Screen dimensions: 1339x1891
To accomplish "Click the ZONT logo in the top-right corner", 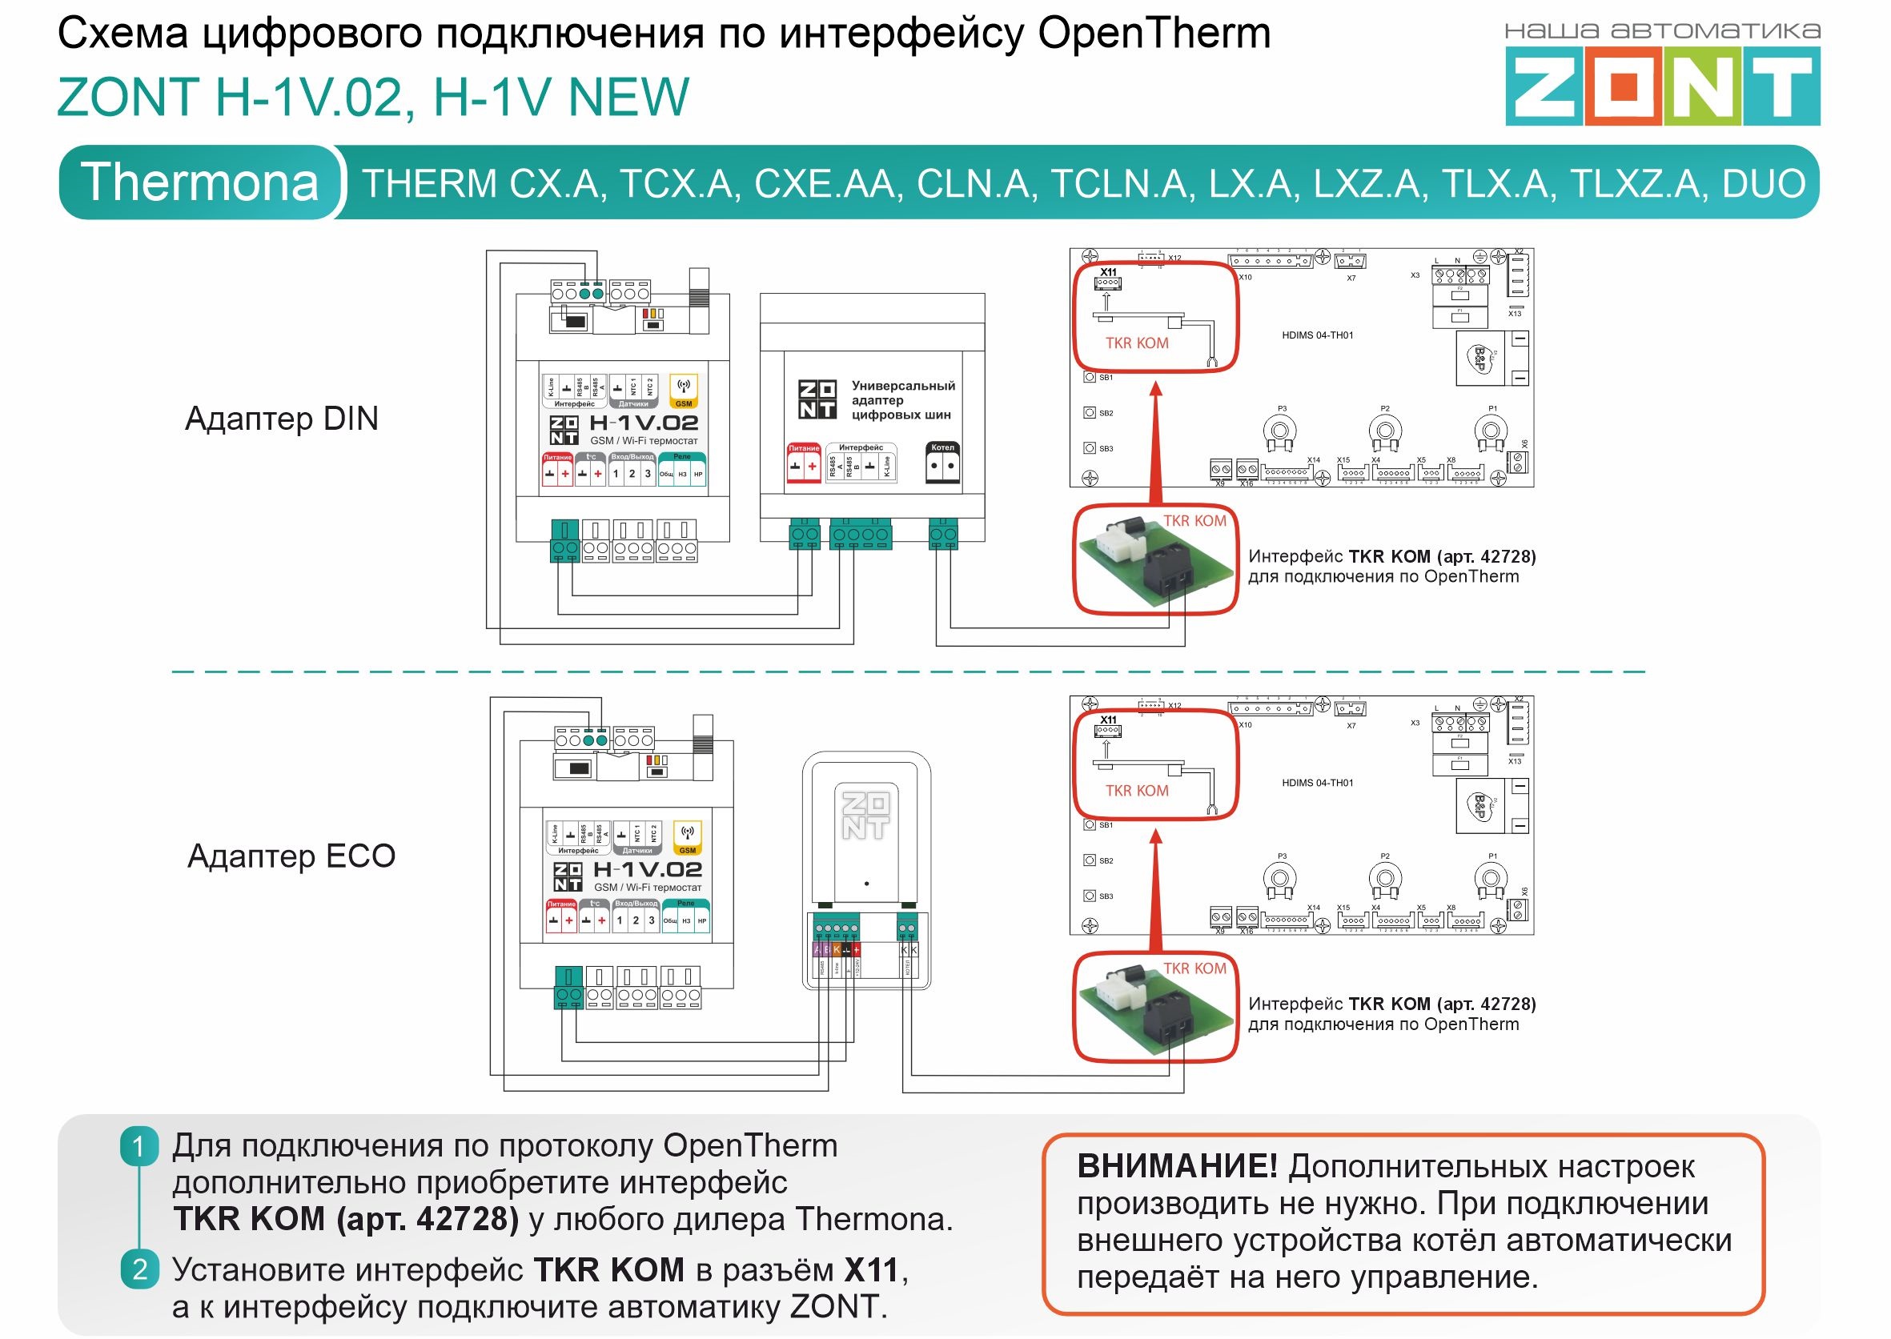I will coord(1662,86).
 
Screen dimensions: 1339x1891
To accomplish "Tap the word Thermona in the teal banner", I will coord(199,182).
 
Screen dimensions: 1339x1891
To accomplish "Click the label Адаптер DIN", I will coord(281,419).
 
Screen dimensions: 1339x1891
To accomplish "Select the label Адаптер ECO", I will coord(291,856).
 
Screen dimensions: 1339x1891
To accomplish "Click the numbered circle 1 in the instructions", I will coord(139,1147).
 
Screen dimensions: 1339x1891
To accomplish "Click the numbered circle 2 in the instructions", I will coord(139,1269).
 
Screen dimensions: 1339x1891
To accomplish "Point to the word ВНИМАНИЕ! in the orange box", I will coord(1177,1167).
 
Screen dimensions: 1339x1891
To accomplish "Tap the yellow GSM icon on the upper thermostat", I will coord(684,389).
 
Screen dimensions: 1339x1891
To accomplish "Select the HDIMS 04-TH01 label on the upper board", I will coord(1317,335).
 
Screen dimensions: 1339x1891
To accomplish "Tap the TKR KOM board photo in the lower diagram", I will coord(1154,1007).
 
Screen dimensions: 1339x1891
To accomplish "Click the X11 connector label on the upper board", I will coord(1108,272).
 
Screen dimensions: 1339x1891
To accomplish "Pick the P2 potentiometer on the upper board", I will coord(1385,431).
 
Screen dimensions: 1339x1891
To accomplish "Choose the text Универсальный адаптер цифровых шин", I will coord(902,400).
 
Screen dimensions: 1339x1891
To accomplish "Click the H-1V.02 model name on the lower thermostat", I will coord(648,870).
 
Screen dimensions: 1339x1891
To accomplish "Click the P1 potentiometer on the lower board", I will coord(1490,879).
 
